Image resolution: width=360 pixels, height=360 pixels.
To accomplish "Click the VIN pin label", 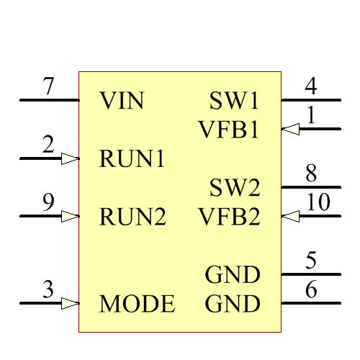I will click(122, 100).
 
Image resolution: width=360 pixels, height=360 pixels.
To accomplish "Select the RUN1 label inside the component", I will click(132, 158).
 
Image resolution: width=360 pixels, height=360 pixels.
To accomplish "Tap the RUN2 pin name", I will click(132, 216).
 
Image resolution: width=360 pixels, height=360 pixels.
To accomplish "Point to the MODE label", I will click(137, 304).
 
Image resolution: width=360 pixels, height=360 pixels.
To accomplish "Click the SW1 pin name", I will click(235, 100).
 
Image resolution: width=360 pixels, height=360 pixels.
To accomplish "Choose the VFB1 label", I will click(229, 130).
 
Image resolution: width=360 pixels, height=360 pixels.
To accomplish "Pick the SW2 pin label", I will click(235, 188).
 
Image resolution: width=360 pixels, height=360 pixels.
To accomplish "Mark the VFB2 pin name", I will click(229, 216).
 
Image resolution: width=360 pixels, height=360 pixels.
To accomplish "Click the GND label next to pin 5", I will click(233, 275).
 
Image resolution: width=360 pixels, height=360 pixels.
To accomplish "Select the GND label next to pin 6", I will click(233, 304).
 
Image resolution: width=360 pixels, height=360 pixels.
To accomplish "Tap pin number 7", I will click(48, 87).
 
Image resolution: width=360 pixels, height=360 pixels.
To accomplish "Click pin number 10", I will click(318, 203).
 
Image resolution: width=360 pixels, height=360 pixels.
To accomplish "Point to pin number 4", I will click(311, 87).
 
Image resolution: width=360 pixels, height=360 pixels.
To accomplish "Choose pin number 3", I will click(48, 290).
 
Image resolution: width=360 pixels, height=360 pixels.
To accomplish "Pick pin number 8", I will click(311, 174).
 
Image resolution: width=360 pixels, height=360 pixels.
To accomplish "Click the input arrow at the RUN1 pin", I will click(70, 158).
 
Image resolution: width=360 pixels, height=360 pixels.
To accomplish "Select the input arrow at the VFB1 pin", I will click(289, 130).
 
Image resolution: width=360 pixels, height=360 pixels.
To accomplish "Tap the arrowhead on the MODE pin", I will click(70, 304).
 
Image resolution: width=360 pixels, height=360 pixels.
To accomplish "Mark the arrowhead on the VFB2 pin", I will click(289, 216).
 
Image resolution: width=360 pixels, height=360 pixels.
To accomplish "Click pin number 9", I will click(48, 203).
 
